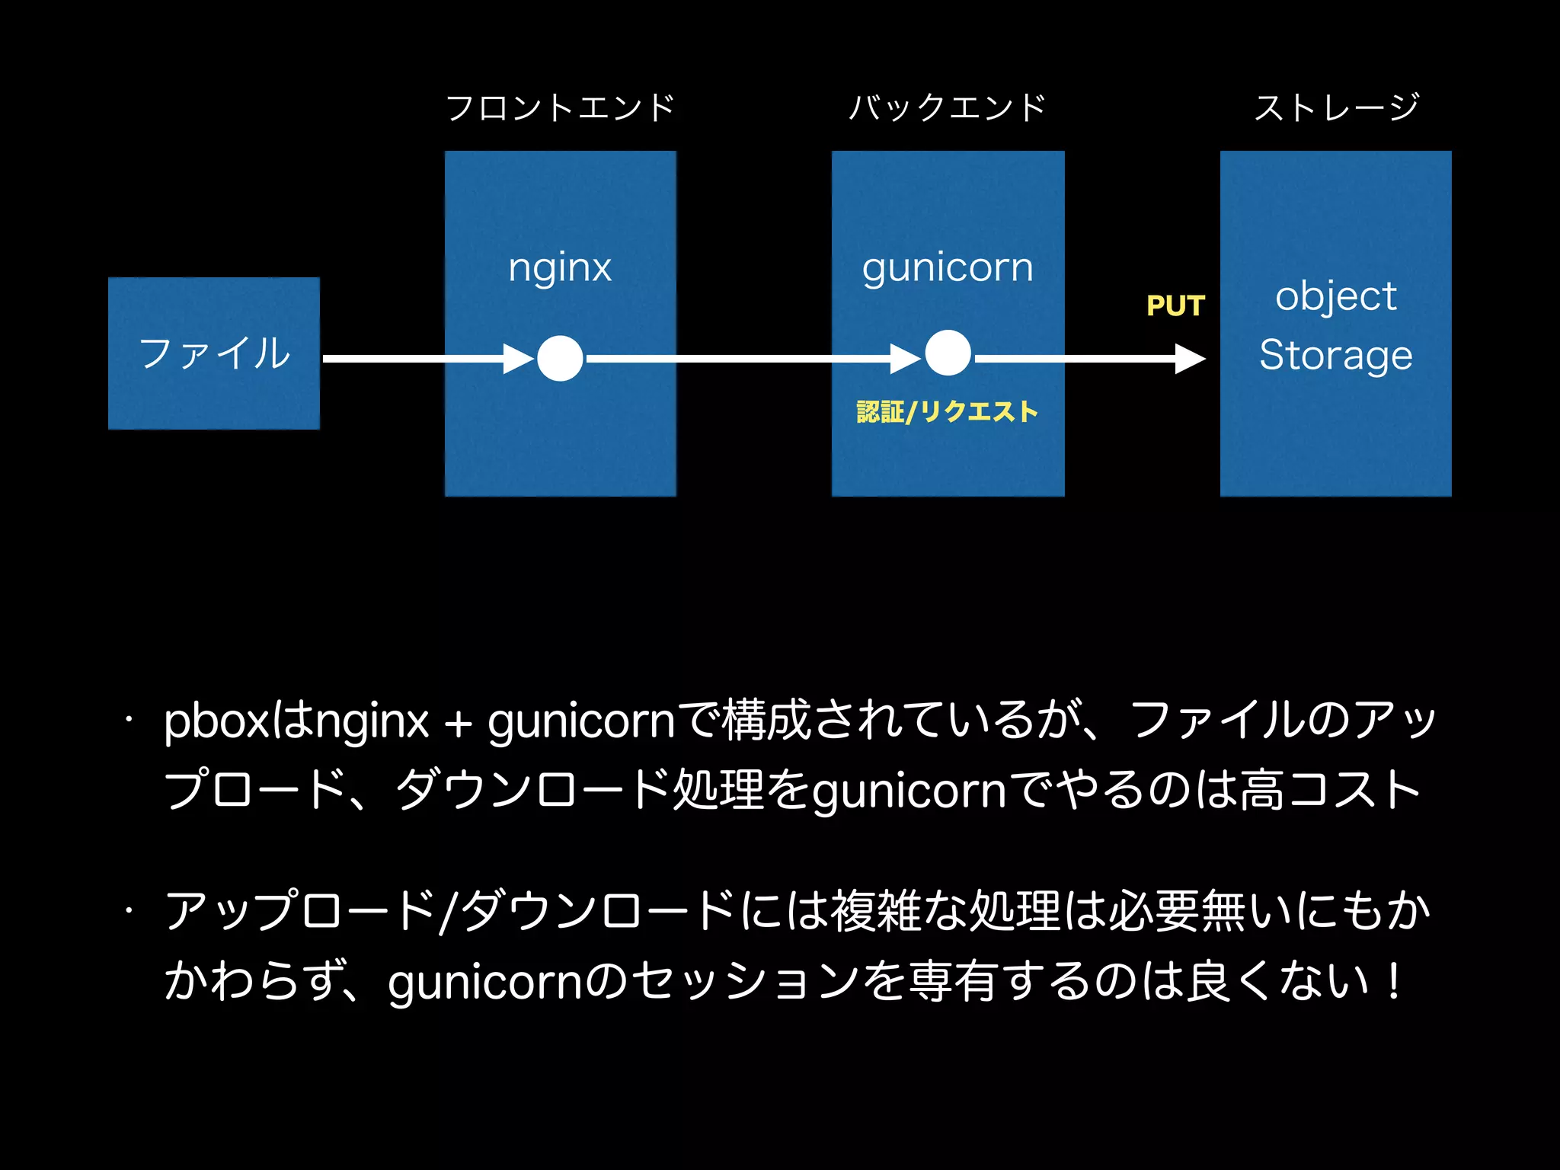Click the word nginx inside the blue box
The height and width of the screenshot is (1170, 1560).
click(x=560, y=268)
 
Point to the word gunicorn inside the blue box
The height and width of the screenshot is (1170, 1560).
click(x=948, y=268)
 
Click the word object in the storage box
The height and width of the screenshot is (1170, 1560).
click(x=1336, y=296)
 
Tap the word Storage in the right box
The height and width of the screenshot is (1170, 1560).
click(x=1336, y=355)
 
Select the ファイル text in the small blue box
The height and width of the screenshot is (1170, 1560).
click(x=214, y=353)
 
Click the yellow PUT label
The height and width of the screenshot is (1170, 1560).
click(x=1175, y=306)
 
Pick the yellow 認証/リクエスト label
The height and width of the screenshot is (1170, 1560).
click(x=948, y=412)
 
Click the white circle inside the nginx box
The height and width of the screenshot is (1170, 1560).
click(x=560, y=358)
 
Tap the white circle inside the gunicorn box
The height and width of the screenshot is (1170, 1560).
click(x=948, y=353)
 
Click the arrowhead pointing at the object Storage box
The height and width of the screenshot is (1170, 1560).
click(x=1190, y=358)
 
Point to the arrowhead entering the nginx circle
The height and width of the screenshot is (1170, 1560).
click(x=519, y=358)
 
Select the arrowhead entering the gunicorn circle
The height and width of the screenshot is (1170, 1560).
click(x=906, y=358)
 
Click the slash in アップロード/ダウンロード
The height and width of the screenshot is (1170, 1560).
click(x=448, y=911)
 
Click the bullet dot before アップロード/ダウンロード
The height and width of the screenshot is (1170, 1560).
click(x=130, y=910)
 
